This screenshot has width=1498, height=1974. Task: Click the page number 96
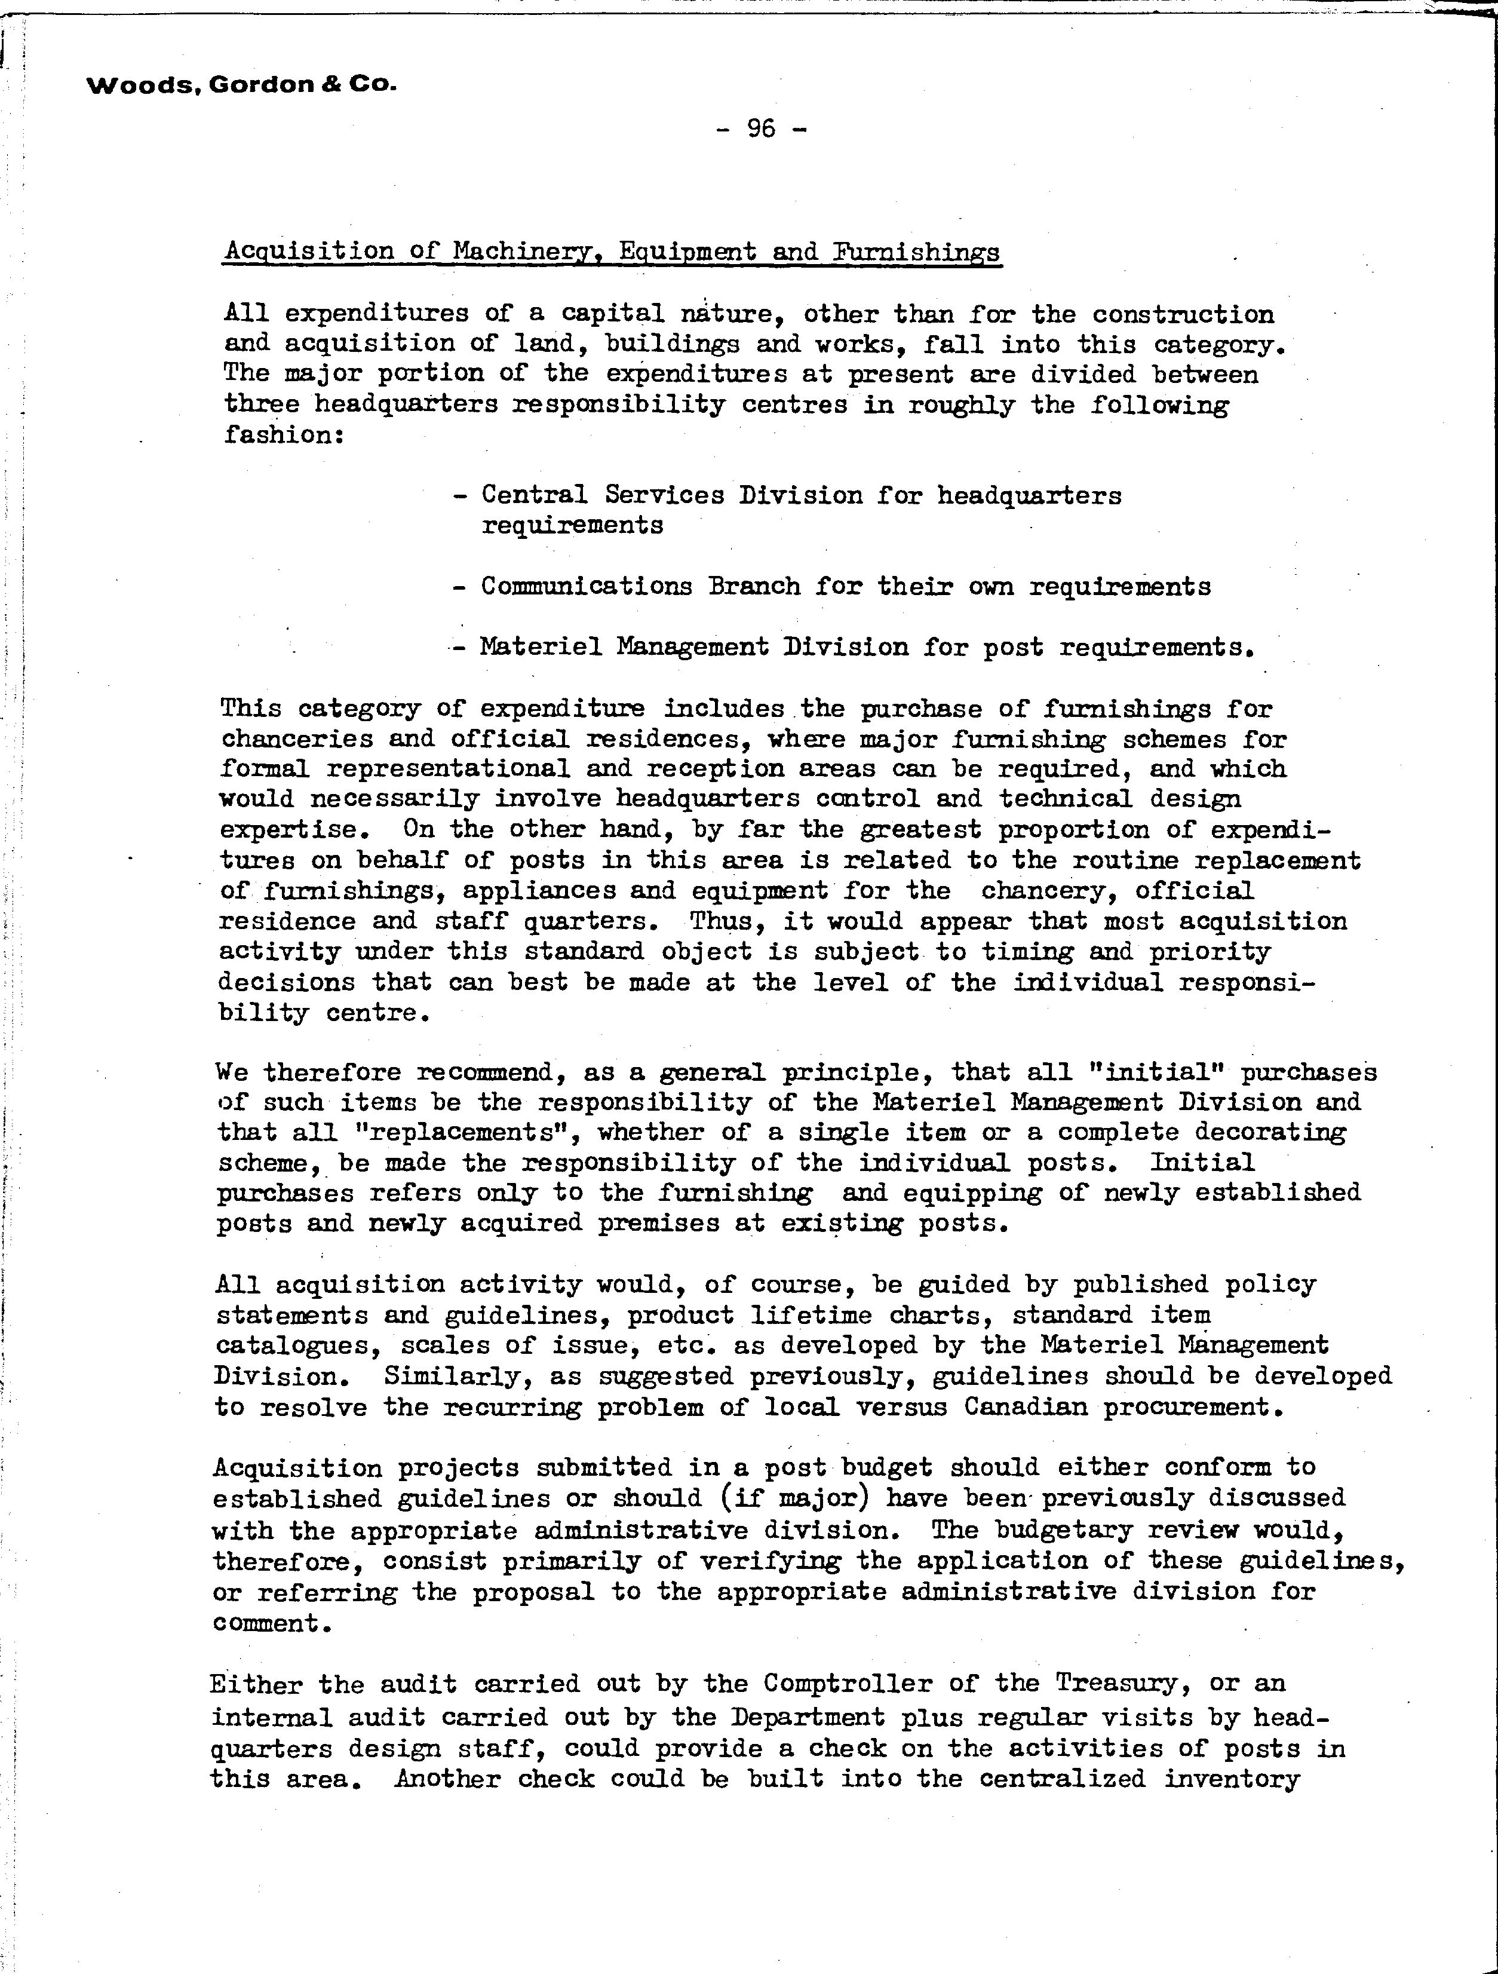[761, 130]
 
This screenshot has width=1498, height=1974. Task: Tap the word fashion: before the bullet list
[284, 436]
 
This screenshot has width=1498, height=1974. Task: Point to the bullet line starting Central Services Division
[800, 495]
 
